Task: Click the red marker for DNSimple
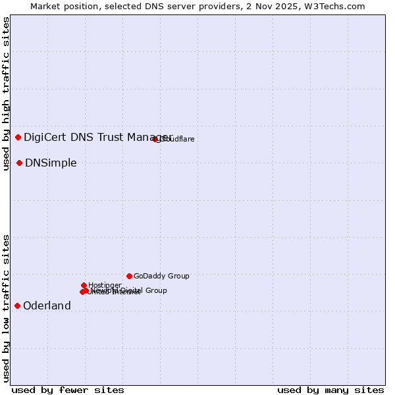20,163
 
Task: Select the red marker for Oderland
18,305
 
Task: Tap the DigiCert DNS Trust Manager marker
18,137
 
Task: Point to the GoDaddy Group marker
129,276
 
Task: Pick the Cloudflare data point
155,139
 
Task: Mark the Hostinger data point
84,285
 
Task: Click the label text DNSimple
51,163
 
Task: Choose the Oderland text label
47,306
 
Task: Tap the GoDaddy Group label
161,276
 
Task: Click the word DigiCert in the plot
45,137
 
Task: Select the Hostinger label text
105,285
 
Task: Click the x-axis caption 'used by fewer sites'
68,390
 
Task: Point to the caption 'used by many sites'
330,390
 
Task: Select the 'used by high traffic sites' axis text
7,93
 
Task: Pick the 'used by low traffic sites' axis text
7,307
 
